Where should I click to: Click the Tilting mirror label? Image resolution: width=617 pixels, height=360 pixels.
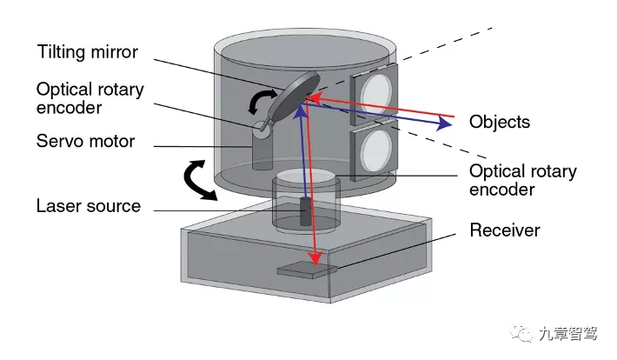point(88,52)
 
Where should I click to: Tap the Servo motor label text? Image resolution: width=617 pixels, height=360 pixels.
point(85,141)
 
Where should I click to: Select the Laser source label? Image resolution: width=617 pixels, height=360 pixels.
point(88,205)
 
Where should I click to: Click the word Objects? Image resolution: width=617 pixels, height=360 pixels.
point(500,122)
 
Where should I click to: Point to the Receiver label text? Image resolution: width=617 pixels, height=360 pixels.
point(505,230)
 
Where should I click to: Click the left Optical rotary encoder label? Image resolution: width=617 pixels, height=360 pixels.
point(90,98)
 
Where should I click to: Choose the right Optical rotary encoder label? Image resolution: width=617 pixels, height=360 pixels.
point(523,180)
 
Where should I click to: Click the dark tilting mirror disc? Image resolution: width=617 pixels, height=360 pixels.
point(296,97)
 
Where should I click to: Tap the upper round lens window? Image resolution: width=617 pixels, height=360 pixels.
point(375,93)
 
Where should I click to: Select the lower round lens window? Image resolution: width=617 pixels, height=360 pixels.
point(376,150)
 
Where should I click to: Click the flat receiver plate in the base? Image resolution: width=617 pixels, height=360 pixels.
point(307,270)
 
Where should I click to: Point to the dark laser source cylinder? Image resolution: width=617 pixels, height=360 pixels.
point(305,211)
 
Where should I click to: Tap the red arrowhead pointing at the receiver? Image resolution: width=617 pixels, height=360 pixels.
point(315,258)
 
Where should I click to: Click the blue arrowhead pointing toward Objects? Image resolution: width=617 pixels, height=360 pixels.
point(444,123)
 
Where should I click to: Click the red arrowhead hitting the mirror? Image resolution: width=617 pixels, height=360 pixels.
point(314,97)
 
